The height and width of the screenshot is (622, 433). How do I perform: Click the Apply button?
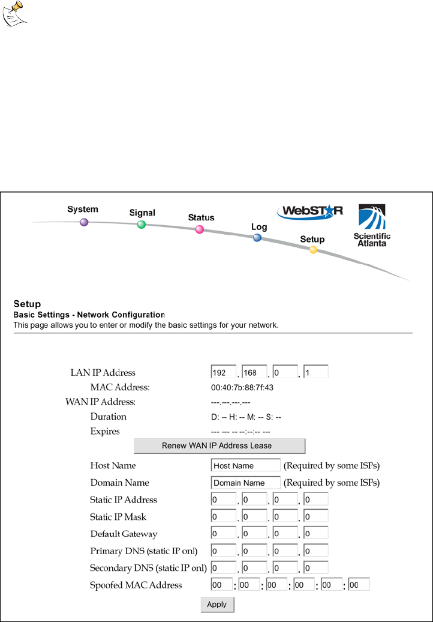pos(217,605)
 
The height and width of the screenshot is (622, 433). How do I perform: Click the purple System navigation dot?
pos(84,222)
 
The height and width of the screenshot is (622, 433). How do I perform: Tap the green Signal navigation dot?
pos(142,225)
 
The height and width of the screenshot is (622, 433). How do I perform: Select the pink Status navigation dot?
pos(200,229)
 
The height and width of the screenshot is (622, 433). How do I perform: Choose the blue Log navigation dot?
pos(257,238)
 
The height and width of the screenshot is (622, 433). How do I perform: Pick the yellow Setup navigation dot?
pos(313,250)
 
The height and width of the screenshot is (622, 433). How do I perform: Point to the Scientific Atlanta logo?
pos(372,226)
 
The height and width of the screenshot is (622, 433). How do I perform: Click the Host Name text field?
pos(246,465)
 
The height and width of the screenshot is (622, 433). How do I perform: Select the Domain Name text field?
pos(246,483)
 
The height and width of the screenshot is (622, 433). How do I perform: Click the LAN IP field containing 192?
pos(223,372)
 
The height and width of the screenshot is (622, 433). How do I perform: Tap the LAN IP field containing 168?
pos(254,372)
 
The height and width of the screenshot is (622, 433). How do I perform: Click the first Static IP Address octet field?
pos(223,500)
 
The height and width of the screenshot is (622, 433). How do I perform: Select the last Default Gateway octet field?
pos(316,533)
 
